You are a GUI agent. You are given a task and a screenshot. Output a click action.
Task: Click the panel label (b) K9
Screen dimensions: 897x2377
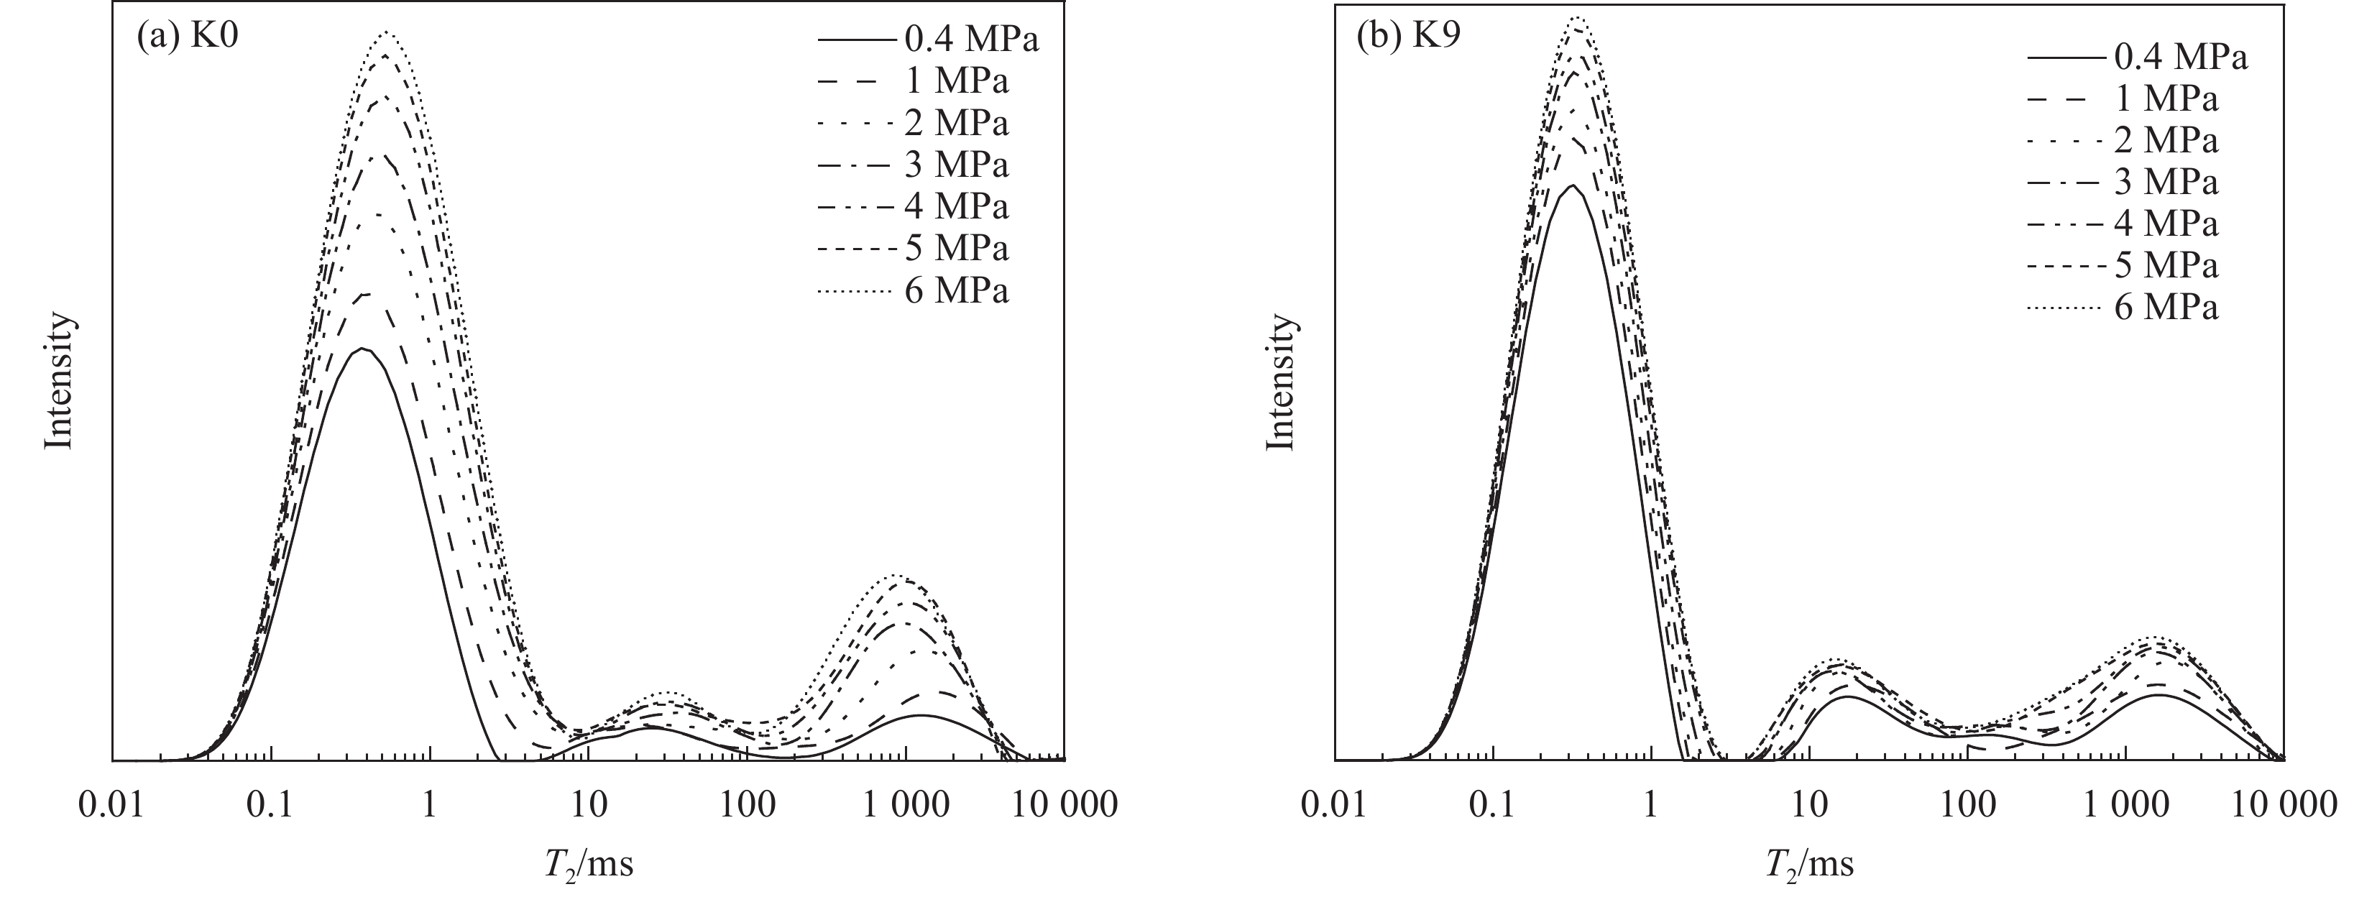[1408, 39]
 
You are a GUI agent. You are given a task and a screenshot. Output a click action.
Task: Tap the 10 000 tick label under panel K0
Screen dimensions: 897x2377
[1064, 804]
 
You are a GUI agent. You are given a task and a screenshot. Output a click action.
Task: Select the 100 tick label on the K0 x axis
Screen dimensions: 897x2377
[748, 804]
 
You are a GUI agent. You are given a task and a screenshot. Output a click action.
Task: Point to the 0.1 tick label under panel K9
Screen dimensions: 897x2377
[1492, 804]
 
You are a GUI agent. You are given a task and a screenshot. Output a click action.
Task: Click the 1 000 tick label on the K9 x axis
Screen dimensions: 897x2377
[2125, 804]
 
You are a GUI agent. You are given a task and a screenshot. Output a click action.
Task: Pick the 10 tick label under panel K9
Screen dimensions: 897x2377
[1809, 804]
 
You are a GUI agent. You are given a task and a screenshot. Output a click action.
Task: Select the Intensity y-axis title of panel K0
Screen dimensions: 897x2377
[59, 381]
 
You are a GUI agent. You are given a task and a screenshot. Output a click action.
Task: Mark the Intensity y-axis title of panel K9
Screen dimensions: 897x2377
[1280, 381]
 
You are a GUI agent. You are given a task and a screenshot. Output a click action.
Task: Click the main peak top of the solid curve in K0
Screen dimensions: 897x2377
[363, 349]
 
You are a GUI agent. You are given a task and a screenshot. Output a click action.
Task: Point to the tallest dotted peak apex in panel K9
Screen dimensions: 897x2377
[1577, 17]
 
